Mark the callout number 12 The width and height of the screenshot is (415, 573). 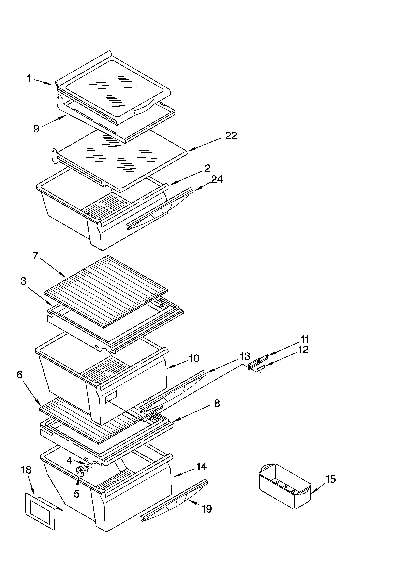[303, 350]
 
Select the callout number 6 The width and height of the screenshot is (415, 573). [20, 375]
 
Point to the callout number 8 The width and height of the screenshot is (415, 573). [217, 403]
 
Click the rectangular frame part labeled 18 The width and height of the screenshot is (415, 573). [40, 509]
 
